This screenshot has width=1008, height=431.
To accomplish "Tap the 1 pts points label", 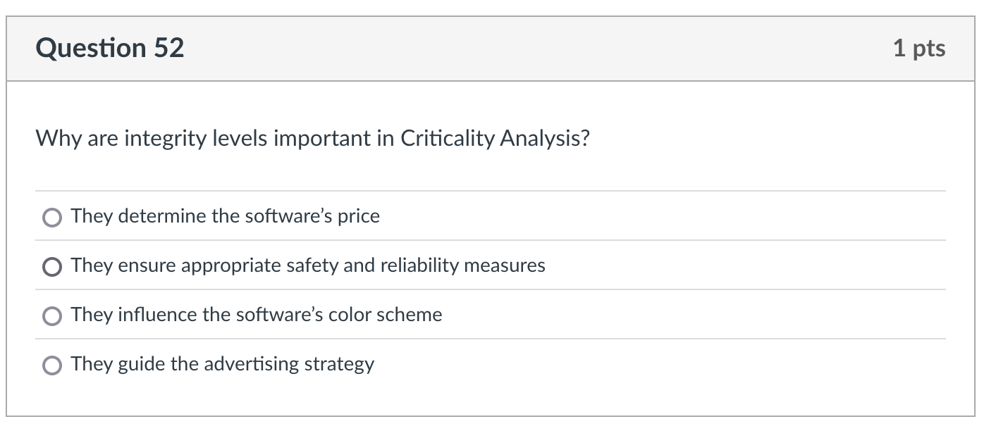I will coord(918,48).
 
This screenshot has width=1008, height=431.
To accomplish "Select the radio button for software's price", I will coord(51,218).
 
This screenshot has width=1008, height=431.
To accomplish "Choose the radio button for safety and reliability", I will coord(51,267).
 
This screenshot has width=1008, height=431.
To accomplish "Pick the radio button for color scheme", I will coord(51,316).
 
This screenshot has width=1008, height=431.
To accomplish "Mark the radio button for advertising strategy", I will coord(51,366).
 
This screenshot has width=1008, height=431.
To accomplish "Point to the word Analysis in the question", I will coord(544,139).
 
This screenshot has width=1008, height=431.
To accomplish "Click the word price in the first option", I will coord(358,216).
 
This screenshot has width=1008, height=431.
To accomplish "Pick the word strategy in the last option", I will coord(339,364).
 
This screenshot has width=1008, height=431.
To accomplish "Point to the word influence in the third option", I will coord(157,315).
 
